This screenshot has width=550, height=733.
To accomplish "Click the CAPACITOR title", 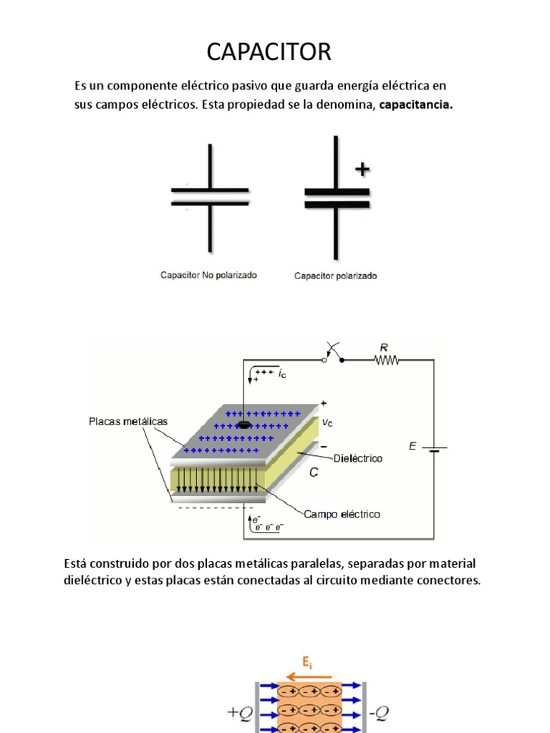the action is [269, 52].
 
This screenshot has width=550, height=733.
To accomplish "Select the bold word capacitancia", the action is [416, 105].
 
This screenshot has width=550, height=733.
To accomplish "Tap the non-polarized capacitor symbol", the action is [210, 195].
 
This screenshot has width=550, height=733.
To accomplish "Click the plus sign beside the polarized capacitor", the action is [363, 170].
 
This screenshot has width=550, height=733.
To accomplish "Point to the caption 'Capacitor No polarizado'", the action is [208, 275].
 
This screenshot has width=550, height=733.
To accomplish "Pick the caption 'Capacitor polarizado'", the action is [336, 276].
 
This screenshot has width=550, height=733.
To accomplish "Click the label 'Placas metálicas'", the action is [128, 421].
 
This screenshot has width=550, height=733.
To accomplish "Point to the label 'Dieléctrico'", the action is [358, 458].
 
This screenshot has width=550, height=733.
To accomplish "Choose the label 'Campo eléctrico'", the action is [342, 514].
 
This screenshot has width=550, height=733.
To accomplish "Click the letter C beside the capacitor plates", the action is [313, 473].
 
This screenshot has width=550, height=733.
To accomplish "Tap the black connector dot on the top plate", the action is [244, 425].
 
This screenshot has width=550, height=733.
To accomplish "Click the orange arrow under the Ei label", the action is [308, 676].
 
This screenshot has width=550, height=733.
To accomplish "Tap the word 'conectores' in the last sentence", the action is [450, 581].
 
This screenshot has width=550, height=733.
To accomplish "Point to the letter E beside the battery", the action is [412, 446].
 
